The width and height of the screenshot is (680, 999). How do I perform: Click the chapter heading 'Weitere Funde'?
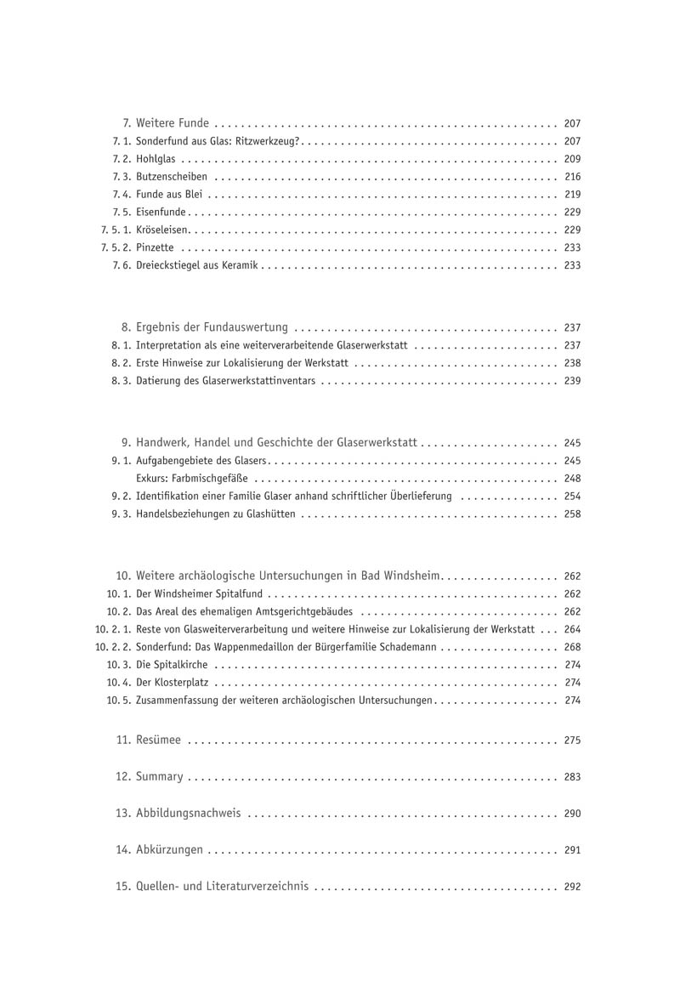coord(173,123)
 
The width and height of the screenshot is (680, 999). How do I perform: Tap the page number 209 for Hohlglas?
coord(572,159)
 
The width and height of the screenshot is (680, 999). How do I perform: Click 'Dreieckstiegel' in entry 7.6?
coord(170,265)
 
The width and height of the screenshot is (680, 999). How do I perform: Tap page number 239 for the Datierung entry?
coord(572,381)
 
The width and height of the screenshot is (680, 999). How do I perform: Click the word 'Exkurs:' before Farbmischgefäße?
coord(151,478)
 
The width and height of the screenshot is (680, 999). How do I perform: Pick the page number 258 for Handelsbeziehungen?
coord(572,514)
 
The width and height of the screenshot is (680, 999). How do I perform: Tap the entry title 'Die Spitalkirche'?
coord(172,665)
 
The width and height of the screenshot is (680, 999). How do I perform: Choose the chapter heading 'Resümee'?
coord(159,741)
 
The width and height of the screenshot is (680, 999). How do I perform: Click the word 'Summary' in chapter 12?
coord(160,776)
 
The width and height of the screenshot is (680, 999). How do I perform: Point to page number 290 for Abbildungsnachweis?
coord(572,814)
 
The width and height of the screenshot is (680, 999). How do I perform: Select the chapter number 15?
coord(122,886)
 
